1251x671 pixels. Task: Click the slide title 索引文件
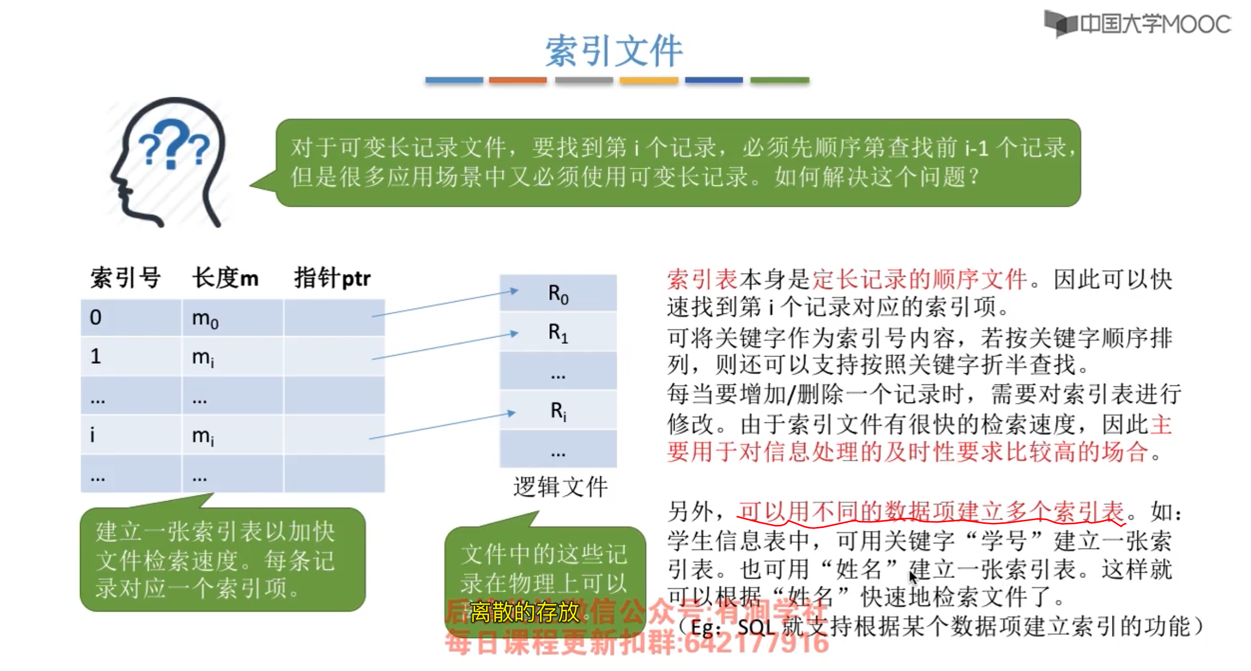pyautogui.click(x=614, y=51)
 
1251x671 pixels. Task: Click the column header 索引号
pyautogui.click(x=126, y=278)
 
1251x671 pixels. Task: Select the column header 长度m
pyautogui.click(x=225, y=278)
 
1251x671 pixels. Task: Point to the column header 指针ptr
pyautogui.click(x=332, y=278)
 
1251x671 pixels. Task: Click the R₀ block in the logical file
pyautogui.click(x=558, y=294)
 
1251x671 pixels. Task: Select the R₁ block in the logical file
pyautogui.click(x=558, y=333)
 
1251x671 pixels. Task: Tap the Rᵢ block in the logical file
pyautogui.click(x=558, y=411)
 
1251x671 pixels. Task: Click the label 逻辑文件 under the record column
pyautogui.click(x=560, y=486)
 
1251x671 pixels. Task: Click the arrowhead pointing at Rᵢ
pyautogui.click(x=511, y=413)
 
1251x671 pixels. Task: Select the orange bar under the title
pyautogui.click(x=517, y=80)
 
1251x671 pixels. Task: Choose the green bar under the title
pyautogui.click(x=779, y=80)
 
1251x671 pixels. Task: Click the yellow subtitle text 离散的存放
pyautogui.click(x=525, y=612)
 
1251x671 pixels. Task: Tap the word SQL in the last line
pyautogui.click(x=756, y=627)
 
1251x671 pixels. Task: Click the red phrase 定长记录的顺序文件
pyautogui.click(x=919, y=279)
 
